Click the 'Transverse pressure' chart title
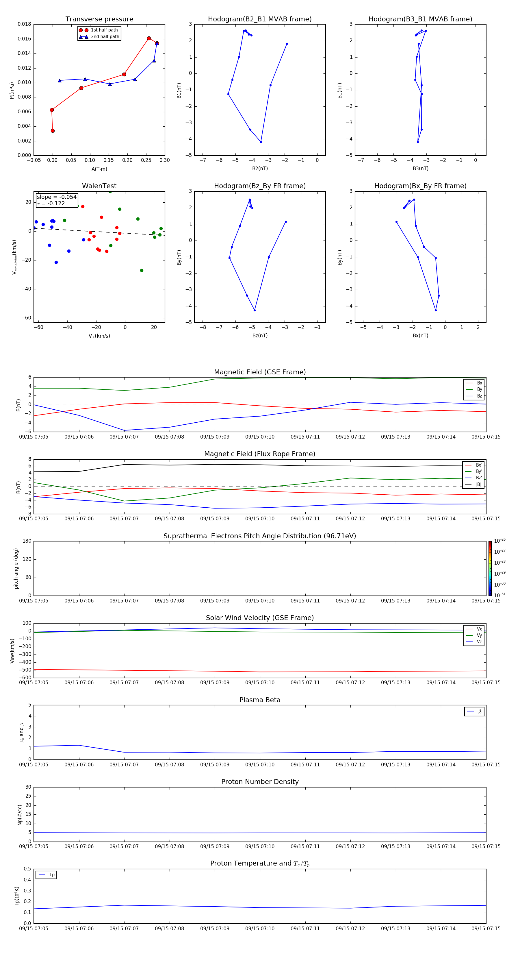click(99, 19)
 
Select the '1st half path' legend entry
click(104, 30)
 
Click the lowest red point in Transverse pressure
click(53, 131)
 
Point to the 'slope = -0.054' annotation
click(57, 197)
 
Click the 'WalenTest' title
click(99, 186)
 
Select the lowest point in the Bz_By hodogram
click(255, 310)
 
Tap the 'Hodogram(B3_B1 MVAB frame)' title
click(420, 19)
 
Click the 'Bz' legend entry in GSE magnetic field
click(479, 396)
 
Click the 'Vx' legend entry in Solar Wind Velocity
click(479, 629)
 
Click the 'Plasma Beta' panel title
click(260, 700)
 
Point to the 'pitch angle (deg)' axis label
click(16, 568)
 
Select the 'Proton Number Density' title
click(260, 782)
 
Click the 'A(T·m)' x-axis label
click(99, 169)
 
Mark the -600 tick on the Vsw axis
click(25, 678)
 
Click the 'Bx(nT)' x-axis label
click(420, 336)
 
